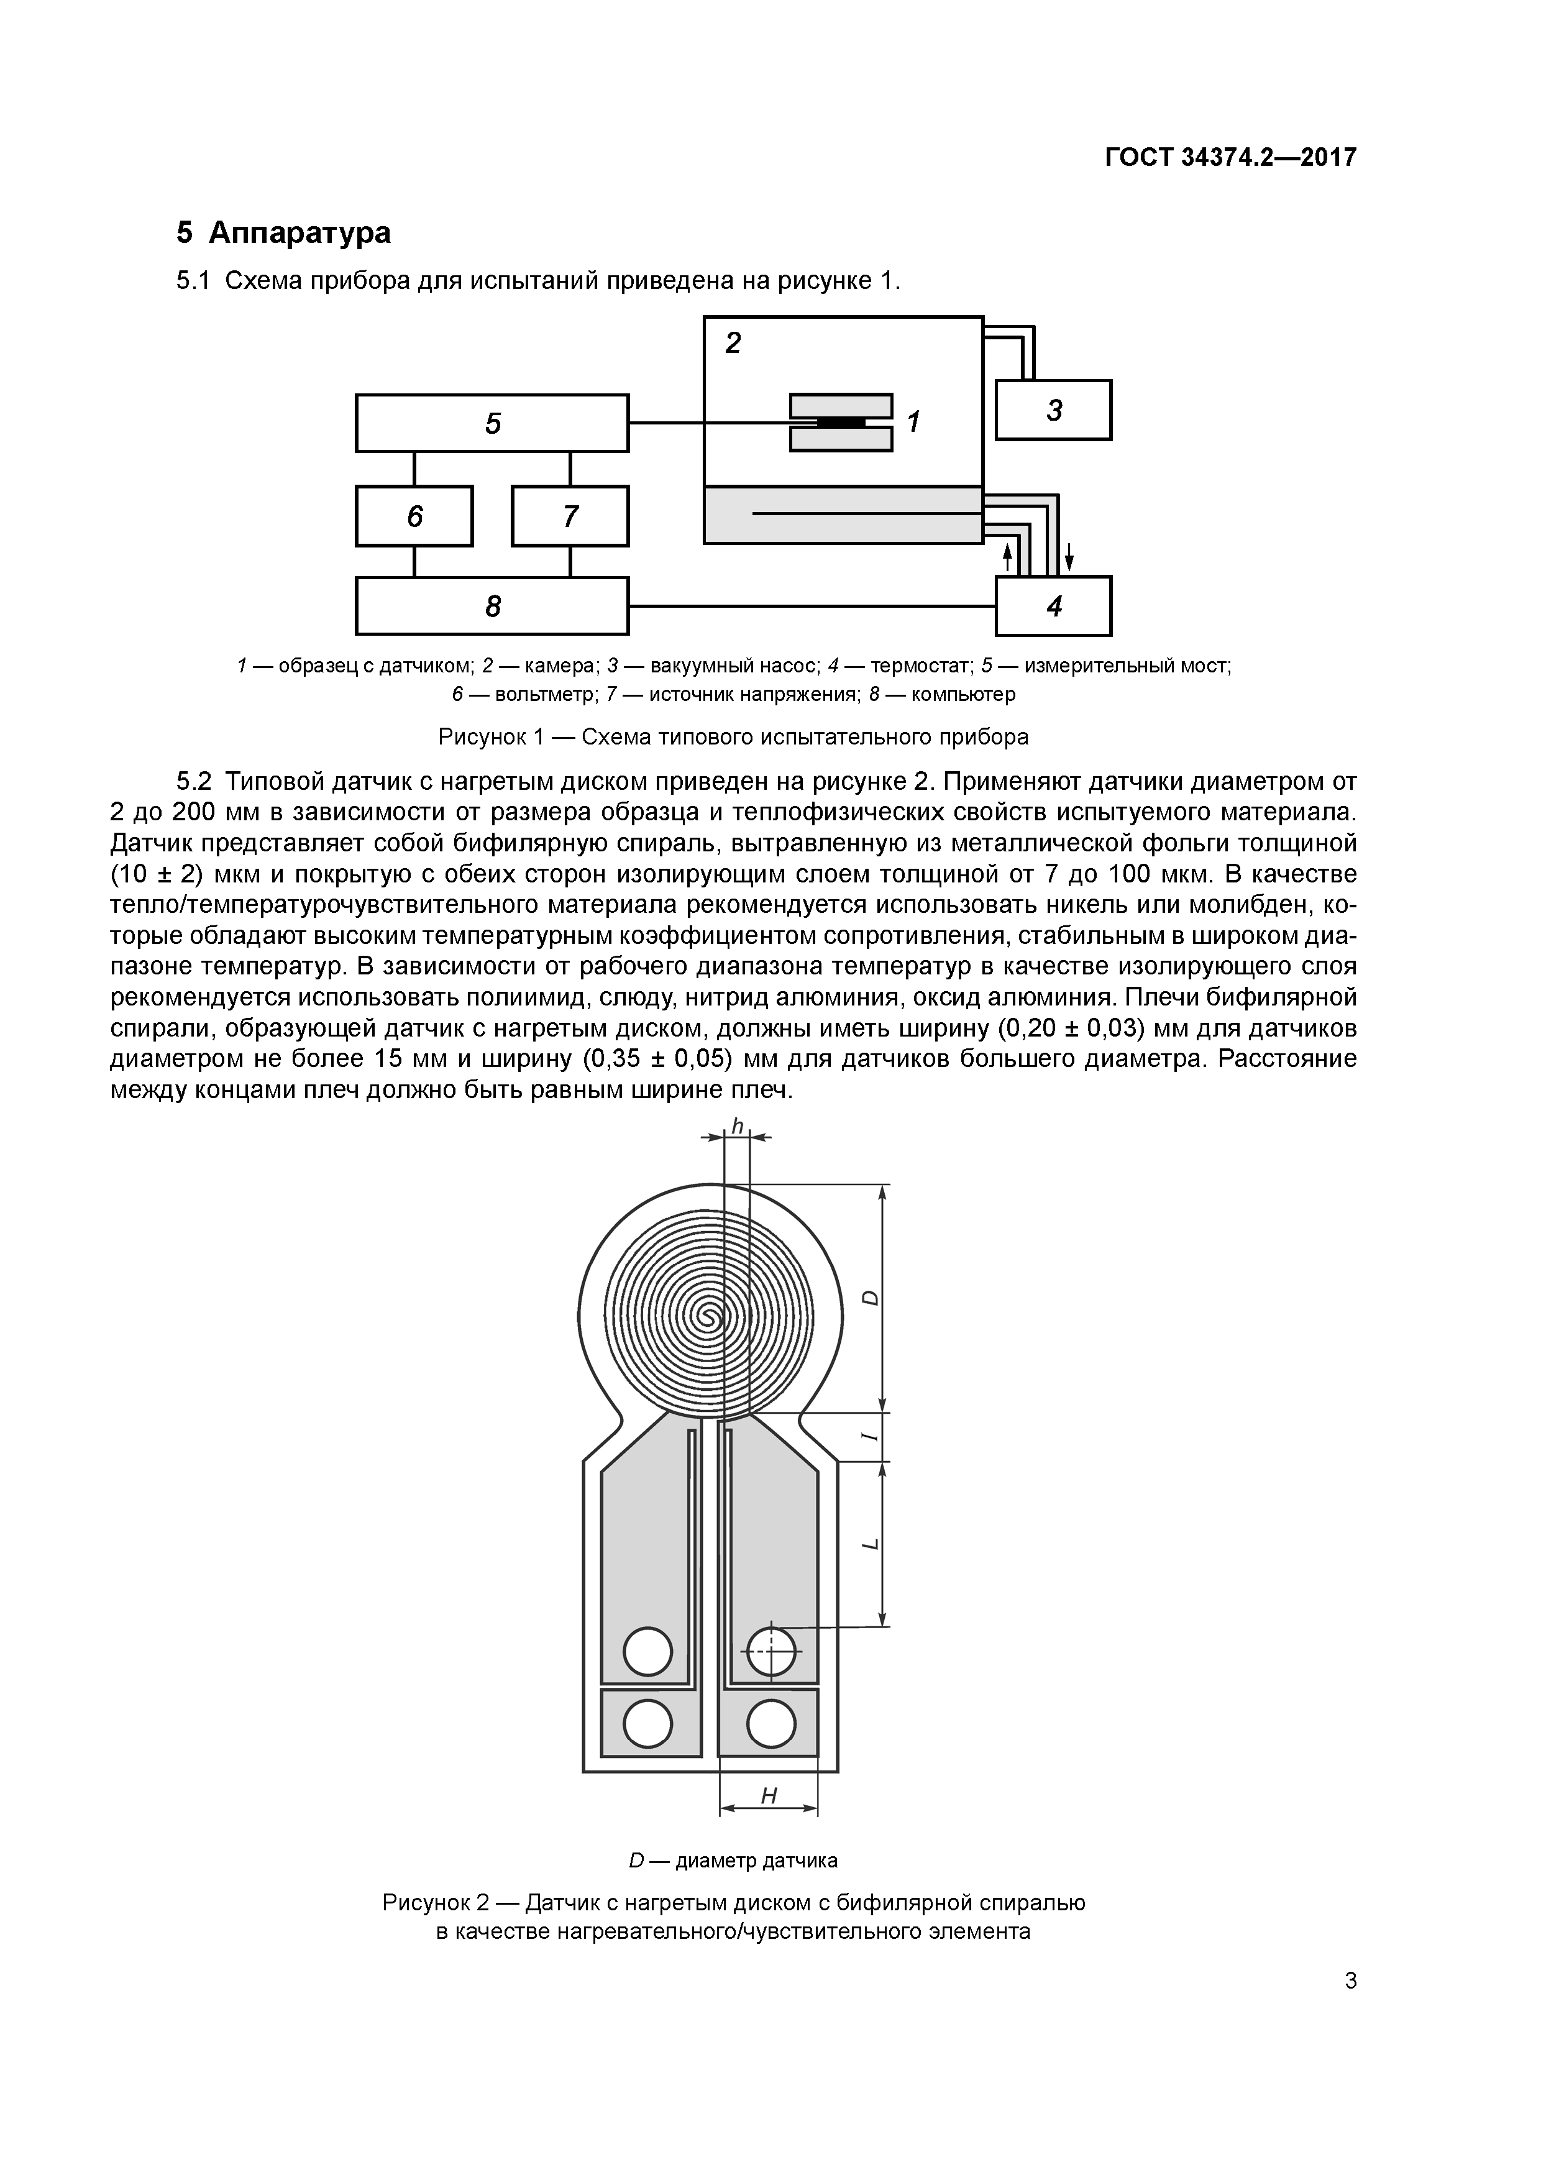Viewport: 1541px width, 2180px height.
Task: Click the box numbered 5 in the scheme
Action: click(492, 423)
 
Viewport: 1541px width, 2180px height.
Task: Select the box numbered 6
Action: click(414, 516)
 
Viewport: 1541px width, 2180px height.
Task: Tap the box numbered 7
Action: click(570, 516)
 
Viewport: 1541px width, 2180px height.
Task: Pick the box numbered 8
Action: click(492, 606)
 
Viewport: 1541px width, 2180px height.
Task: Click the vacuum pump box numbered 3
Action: click(1053, 410)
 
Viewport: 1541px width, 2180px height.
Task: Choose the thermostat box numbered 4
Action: click(1053, 606)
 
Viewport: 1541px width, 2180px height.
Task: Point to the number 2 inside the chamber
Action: click(732, 343)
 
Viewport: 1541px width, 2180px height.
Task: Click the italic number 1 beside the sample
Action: click(913, 421)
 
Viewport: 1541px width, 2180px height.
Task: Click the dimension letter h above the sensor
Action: click(737, 1125)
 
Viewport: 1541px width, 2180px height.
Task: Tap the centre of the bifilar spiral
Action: click(708, 1316)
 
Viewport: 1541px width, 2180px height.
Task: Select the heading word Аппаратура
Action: click(299, 232)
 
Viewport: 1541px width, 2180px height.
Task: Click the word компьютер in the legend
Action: click(963, 694)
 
